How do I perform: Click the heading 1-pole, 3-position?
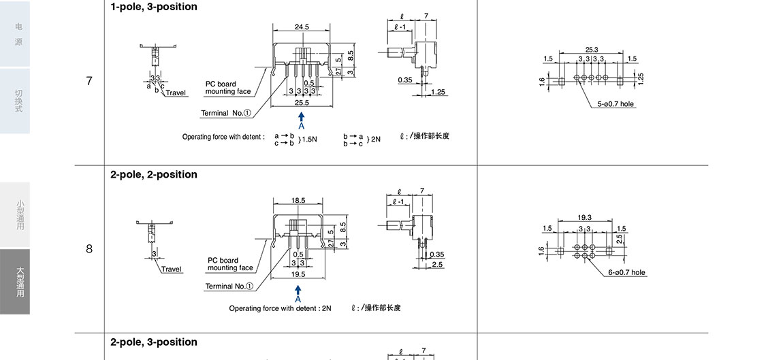[154, 7]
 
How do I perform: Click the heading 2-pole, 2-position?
[154, 175]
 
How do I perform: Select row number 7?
[89, 81]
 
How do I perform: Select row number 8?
[89, 249]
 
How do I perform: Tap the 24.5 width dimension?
[302, 27]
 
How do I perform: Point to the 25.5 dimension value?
[302, 103]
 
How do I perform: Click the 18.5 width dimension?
[298, 201]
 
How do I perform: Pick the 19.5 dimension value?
[298, 274]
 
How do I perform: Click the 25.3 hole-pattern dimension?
[591, 50]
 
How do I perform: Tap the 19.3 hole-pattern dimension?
[584, 218]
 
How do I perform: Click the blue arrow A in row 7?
[301, 120]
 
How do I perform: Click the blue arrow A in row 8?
[298, 293]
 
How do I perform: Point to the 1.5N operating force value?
[310, 139]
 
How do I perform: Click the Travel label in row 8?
[172, 269]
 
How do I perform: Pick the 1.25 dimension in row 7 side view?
[438, 92]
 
